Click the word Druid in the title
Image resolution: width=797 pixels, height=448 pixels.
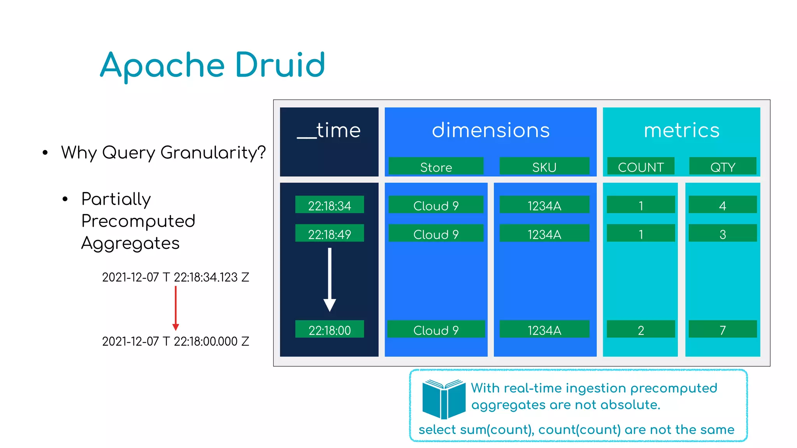280,65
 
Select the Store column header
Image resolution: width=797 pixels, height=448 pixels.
436,167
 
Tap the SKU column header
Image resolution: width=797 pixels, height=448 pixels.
544,167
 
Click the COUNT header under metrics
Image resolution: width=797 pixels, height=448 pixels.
641,167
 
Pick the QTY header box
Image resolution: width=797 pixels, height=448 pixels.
723,167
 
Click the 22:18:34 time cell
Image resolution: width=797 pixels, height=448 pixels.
329,205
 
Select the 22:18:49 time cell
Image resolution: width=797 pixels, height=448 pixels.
329,234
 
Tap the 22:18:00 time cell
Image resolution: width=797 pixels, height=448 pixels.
329,329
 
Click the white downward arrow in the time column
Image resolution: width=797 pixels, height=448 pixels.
330,280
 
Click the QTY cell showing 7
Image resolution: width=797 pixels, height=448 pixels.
723,329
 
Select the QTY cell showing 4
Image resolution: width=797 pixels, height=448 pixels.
723,205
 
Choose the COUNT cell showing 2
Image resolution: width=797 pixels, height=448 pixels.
641,329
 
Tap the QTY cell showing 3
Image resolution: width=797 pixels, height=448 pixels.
723,234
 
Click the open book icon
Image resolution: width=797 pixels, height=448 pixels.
444,399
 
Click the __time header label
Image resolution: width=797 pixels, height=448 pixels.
329,130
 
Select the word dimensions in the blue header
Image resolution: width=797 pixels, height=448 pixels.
490,130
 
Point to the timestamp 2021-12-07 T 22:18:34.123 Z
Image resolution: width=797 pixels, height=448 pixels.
176,277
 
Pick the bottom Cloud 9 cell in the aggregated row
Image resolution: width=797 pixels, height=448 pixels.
436,329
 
